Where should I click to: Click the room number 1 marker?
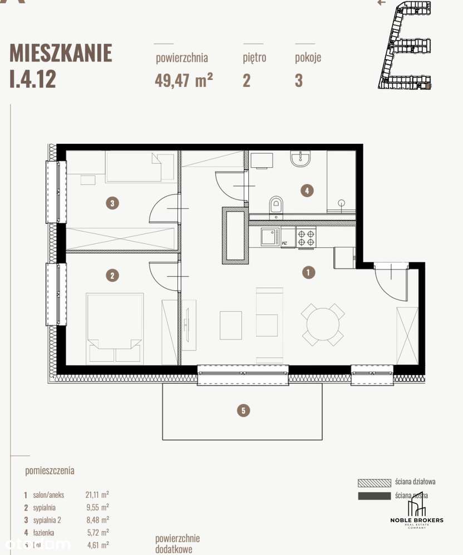pos(307,272)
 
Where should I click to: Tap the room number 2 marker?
pos(112,275)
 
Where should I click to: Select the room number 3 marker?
pos(112,203)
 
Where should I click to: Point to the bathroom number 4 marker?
pos(307,191)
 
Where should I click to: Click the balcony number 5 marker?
pos(243,411)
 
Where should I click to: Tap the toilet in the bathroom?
pos(275,205)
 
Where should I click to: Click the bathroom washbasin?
pos(301,159)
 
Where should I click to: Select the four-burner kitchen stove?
pos(306,238)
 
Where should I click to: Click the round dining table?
pos(322,324)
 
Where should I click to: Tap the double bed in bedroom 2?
pos(115,328)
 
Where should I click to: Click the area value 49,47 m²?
pos(184,81)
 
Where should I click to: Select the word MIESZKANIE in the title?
pos(61,53)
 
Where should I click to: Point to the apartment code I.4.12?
pos(33,79)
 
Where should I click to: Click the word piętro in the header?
pos(254,57)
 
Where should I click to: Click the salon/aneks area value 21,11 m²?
pos(97,494)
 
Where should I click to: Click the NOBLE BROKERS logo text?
pos(417,520)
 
